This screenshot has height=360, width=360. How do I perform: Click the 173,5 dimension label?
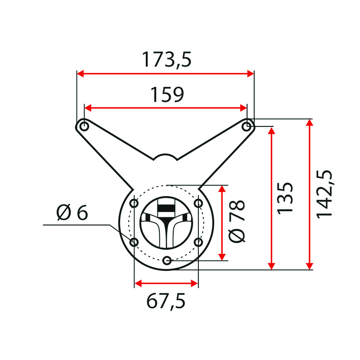[x=166, y=60]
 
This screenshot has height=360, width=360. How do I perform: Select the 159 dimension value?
[x=167, y=94]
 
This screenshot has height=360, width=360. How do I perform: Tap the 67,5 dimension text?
[x=166, y=301]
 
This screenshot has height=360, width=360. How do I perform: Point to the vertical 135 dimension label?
[x=285, y=198]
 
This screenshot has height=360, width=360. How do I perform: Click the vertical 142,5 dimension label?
[x=324, y=194]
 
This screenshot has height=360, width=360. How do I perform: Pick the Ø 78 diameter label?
[x=237, y=221]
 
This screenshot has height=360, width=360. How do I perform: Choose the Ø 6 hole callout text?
[x=72, y=212]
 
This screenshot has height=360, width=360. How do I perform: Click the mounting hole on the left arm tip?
[x=84, y=126]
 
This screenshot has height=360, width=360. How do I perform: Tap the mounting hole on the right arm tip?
[x=247, y=126]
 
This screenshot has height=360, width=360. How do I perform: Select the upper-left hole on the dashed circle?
[x=134, y=203]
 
